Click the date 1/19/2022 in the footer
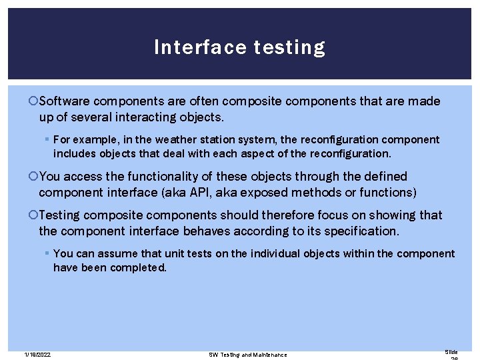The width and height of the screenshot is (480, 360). click(x=37, y=354)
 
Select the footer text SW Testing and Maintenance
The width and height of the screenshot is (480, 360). click(x=248, y=354)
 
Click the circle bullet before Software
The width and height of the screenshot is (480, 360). click(x=34, y=101)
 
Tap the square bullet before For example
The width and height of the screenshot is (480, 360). click(x=46, y=140)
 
